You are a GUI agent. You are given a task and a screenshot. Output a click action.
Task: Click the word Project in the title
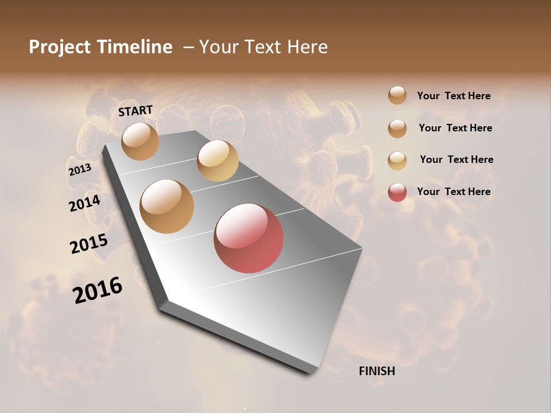(59, 48)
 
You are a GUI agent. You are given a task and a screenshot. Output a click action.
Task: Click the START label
(135, 111)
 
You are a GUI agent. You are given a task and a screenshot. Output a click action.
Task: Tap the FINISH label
(377, 371)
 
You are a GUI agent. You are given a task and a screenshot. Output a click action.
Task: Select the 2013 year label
(80, 170)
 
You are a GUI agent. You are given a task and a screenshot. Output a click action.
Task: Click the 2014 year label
(85, 203)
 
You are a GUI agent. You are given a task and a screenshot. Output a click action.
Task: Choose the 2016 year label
(98, 290)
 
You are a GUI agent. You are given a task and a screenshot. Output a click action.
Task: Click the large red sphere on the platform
(249, 238)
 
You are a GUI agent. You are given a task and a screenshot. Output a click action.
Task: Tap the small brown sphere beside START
(140, 141)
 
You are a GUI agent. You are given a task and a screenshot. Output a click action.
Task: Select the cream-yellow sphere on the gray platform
(218, 161)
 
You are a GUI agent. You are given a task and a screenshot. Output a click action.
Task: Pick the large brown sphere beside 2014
(167, 206)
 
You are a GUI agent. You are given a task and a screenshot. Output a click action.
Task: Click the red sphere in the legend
(397, 192)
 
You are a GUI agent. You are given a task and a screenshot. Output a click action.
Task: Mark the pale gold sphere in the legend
(397, 161)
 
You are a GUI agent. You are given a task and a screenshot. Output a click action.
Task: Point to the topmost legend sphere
(397, 95)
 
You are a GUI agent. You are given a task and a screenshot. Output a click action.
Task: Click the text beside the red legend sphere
(453, 192)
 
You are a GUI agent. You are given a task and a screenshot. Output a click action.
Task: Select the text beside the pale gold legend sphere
(456, 159)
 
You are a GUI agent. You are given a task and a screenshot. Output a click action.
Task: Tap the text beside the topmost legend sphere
(453, 96)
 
